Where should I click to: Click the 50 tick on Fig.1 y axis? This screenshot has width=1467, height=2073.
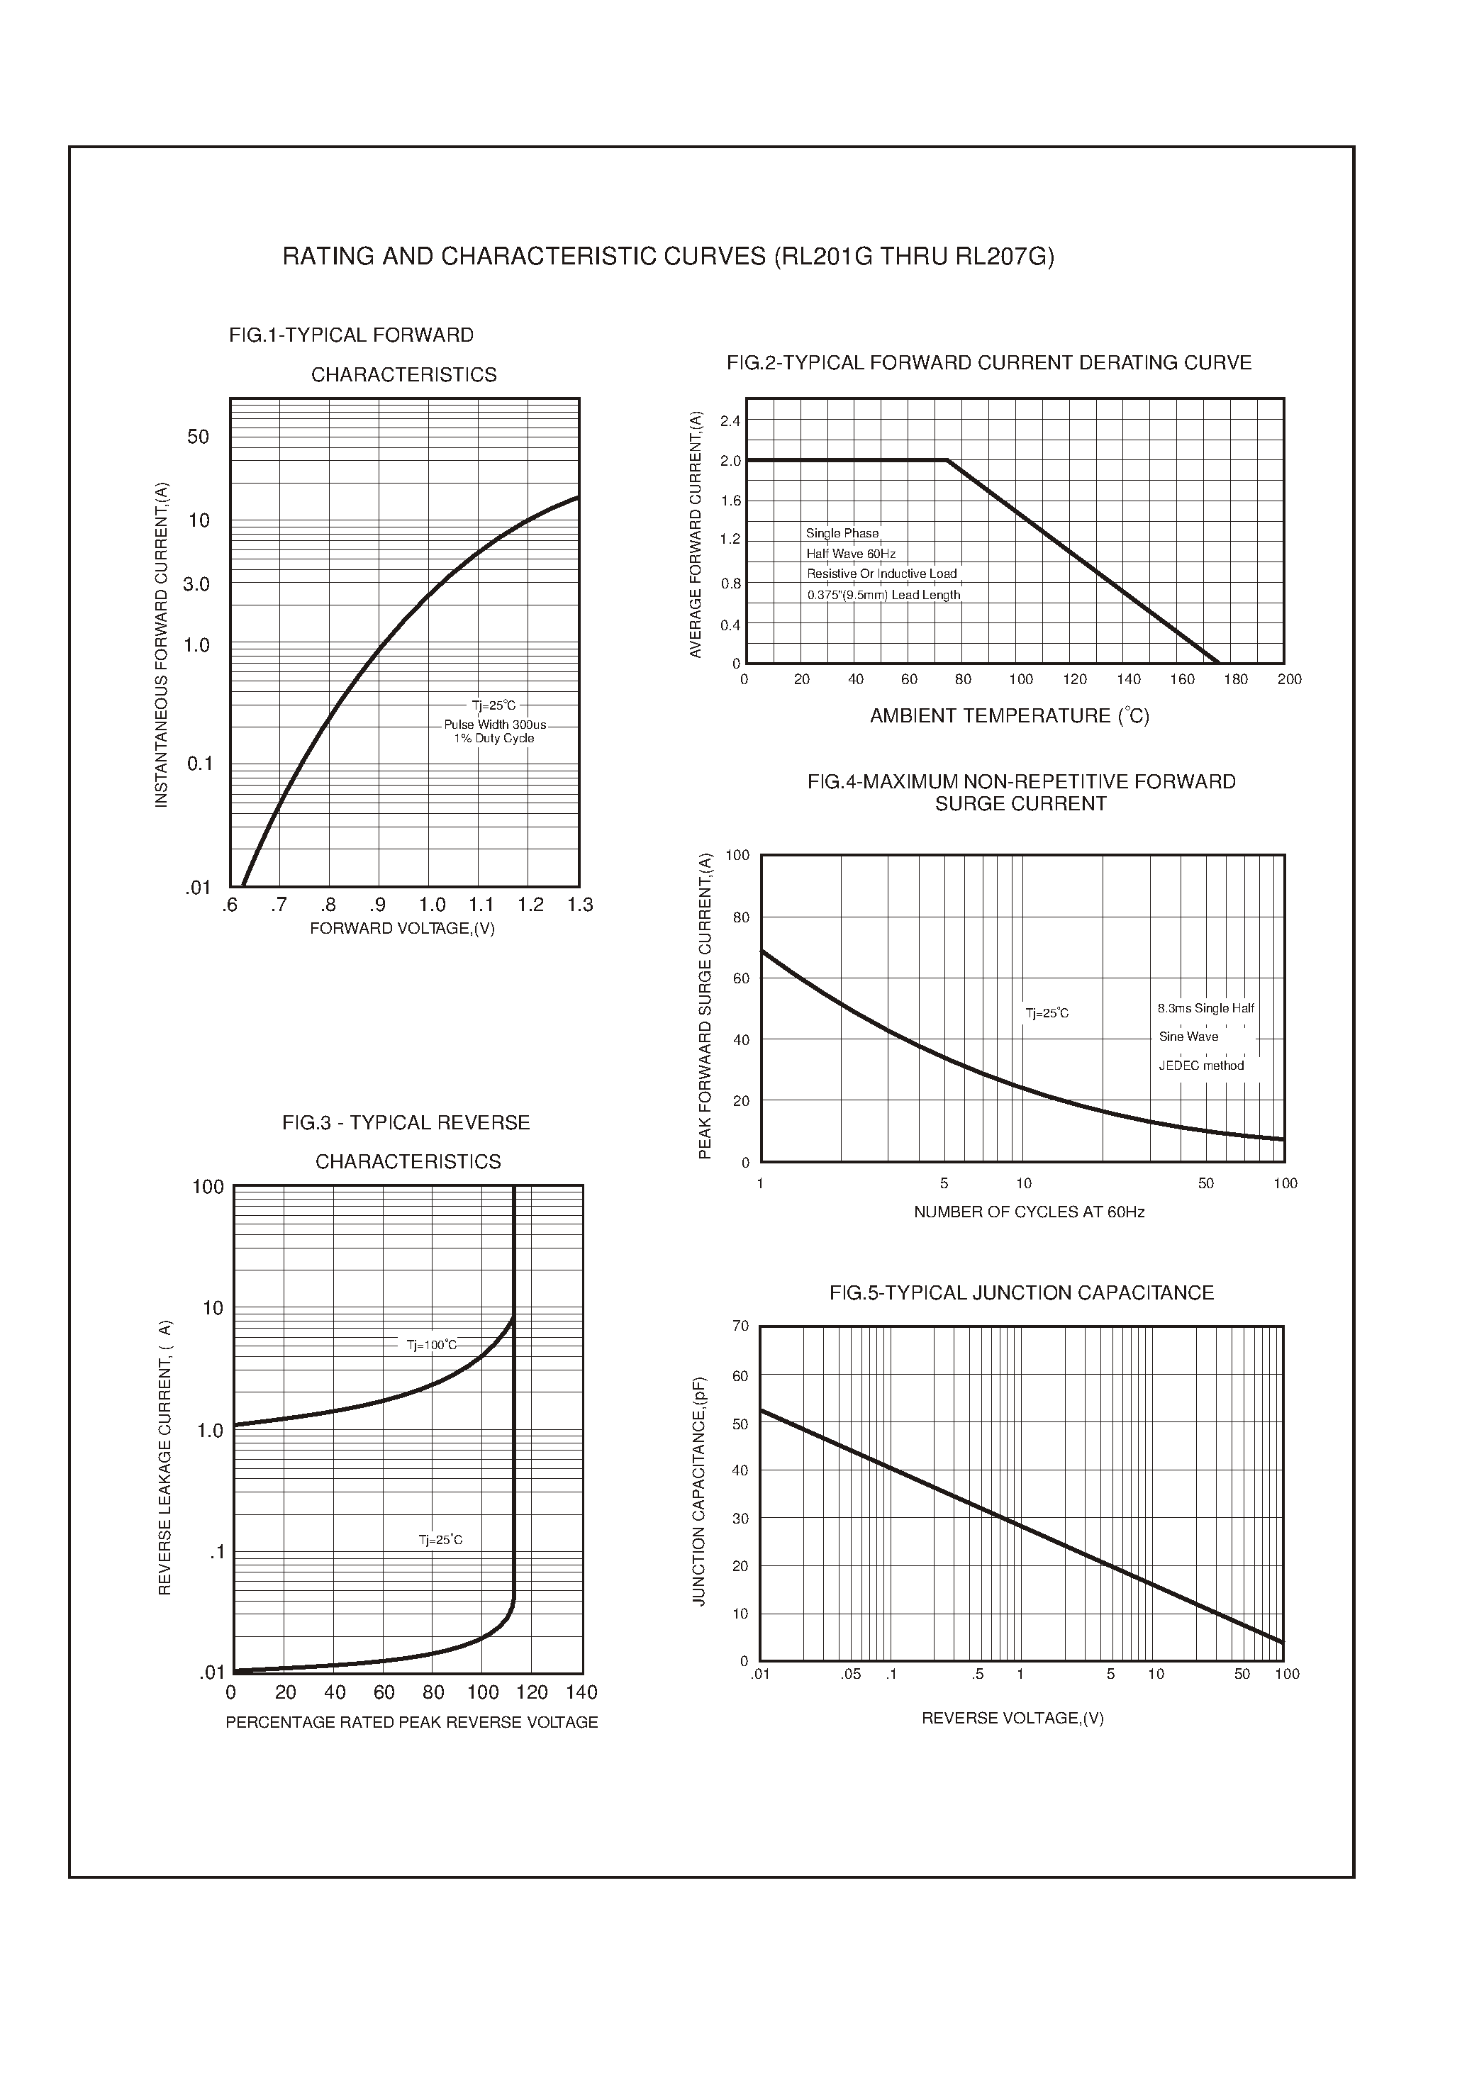click(x=198, y=437)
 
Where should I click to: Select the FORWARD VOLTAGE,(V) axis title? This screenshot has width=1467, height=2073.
click(x=402, y=929)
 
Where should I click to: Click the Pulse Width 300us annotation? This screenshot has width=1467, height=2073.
click(x=494, y=725)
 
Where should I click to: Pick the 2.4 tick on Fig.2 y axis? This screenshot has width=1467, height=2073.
click(x=730, y=422)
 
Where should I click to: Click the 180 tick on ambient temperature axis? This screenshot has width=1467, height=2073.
click(x=1235, y=679)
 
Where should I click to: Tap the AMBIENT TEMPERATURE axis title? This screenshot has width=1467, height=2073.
click(x=1009, y=716)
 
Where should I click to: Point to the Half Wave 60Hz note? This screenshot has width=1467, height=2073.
click(x=850, y=554)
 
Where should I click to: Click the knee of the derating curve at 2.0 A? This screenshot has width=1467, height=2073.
click(x=947, y=461)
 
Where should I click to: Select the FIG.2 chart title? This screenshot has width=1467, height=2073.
click(x=988, y=363)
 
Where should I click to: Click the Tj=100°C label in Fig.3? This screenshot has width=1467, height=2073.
click(x=431, y=1345)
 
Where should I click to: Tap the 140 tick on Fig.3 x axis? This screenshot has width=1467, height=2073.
click(x=581, y=1692)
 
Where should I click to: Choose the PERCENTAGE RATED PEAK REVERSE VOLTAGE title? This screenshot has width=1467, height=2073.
click(x=411, y=1723)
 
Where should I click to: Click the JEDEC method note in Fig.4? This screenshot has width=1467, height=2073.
click(x=1200, y=1066)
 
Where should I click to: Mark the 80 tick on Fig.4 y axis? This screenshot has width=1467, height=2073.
click(x=741, y=917)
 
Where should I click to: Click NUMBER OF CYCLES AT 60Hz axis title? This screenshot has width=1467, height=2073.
click(x=1028, y=1212)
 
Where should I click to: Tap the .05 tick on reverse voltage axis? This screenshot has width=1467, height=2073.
click(x=850, y=1674)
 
